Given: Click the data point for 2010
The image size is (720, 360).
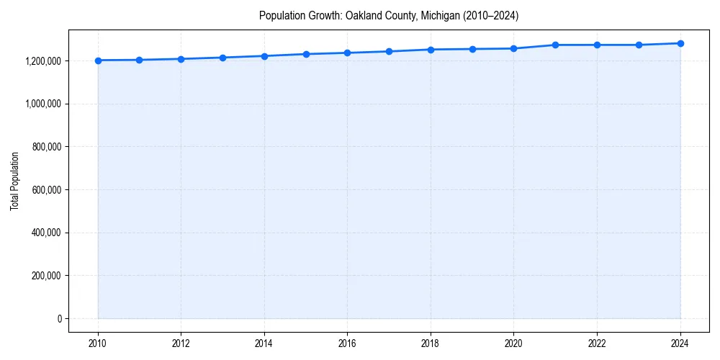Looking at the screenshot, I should [x=98, y=60].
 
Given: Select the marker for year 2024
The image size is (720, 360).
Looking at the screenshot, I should [x=680, y=43].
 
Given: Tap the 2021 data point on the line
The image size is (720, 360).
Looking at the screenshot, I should [x=555, y=45].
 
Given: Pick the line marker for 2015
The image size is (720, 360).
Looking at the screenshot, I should [x=306, y=54].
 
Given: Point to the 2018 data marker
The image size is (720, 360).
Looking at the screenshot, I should [x=431, y=50].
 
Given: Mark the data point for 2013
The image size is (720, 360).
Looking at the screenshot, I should [x=222, y=58].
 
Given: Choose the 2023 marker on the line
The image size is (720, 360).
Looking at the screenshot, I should [x=639, y=45].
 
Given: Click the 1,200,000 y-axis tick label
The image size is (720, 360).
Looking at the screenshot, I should [x=42, y=61].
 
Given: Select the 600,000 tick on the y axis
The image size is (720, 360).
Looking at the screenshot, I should [x=47, y=190].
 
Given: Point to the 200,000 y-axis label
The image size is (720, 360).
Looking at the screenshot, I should [x=47, y=276].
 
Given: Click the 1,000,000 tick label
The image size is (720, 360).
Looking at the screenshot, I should [x=42, y=104].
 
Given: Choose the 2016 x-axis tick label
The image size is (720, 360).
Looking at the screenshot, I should [x=348, y=343].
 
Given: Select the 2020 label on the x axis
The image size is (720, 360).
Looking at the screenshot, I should [x=514, y=343].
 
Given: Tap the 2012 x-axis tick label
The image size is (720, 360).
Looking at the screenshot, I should [x=181, y=343].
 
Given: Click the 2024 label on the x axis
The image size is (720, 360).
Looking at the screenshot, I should [x=680, y=343].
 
